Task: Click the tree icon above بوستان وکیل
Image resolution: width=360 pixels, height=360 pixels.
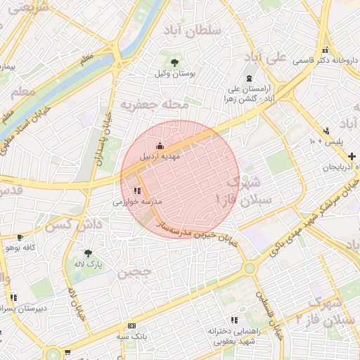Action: pyautogui.click(x=174, y=63)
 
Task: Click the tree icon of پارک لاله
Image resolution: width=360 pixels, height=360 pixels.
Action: pyautogui.click(x=88, y=253)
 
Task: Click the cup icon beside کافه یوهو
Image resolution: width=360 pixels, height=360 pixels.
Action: pyautogui.click(x=20, y=238)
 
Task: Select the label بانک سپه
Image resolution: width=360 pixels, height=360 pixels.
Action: pyautogui.click(x=131, y=337)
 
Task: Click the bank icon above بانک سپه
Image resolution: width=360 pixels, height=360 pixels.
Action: pyautogui.click(x=131, y=326)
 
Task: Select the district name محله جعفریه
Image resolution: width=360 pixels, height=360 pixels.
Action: pyautogui.click(x=155, y=104)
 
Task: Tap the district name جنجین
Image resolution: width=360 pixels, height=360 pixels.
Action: pyautogui.click(x=134, y=274)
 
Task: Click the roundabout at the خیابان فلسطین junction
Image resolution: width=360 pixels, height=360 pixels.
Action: pyautogui.click(x=250, y=267)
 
